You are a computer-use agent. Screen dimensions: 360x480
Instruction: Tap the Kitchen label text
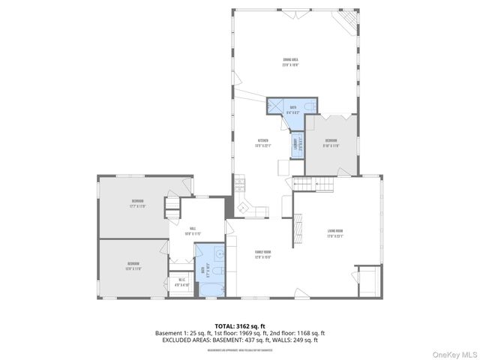pos(262,142)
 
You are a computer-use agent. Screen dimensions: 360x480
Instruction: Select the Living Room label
pos(334,232)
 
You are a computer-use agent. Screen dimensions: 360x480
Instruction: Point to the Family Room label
pos(262,253)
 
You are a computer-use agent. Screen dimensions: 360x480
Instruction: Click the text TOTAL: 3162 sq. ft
pos(239,326)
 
